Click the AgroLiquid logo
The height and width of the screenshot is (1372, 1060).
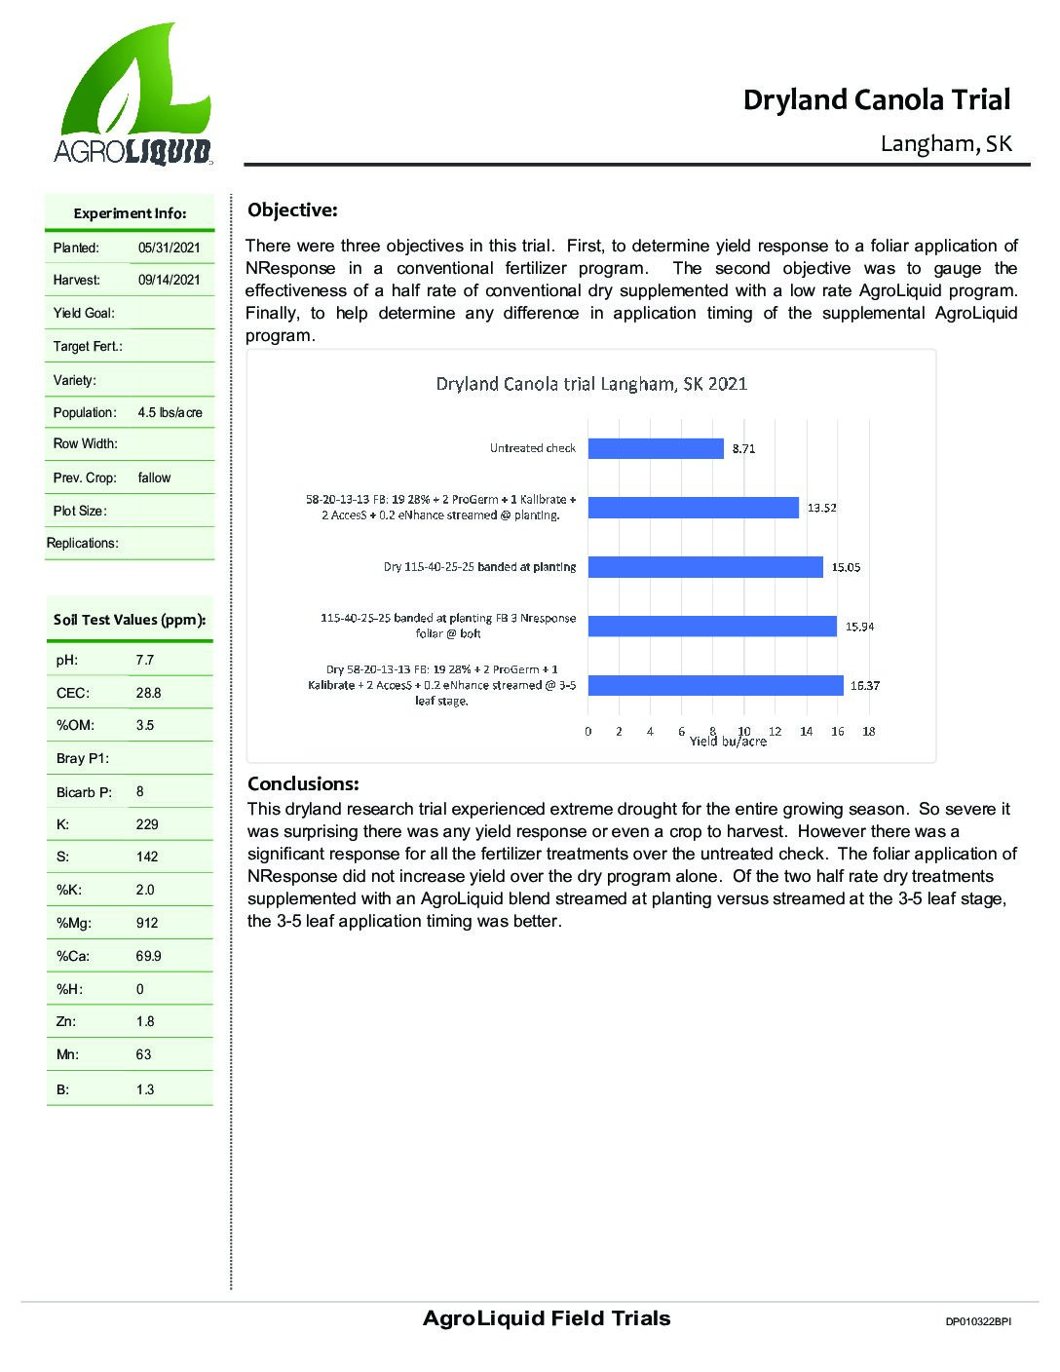tap(132, 95)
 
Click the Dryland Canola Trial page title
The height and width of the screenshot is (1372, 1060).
tap(876, 99)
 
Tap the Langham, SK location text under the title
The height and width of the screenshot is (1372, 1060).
tap(946, 144)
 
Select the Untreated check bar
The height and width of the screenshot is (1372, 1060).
tap(656, 448)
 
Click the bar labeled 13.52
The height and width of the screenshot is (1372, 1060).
tap(693, 508)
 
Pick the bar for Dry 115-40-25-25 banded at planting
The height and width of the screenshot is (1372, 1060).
tap(705, 567)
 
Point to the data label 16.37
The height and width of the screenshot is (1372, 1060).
tap(864, 686)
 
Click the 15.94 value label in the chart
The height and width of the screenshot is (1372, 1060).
tap(858, 627)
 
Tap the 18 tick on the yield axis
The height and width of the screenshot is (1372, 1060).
tap(868, 731)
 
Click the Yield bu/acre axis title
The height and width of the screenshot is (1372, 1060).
tap(728, 742)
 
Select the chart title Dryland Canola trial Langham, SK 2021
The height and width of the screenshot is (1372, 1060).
tap(591, 383)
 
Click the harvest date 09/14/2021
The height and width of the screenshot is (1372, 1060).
tap(169, 281)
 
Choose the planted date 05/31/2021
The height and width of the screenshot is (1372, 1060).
tap(169, 248)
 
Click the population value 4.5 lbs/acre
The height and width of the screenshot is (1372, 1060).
tap(170, 413)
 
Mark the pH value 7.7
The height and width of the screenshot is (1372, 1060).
tap(145, 661)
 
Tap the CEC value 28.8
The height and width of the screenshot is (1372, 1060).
tap(148, 694)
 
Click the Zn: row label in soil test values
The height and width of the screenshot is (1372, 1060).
tap(66, 1022)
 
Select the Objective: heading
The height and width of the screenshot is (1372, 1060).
tap(292, 210)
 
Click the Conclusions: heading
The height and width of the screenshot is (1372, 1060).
tap(303, 784)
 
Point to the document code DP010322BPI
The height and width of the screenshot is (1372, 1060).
tap(978, 1322)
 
